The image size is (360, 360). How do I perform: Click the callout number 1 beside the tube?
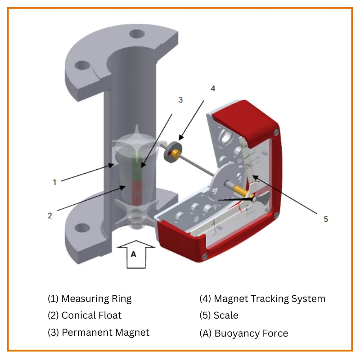point(54,182)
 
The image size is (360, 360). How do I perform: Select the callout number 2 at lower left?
point(50,215)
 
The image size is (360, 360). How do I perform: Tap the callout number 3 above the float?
point(180,100)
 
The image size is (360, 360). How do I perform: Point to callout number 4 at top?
point(213,88)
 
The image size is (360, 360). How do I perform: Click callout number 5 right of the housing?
point(326,219)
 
